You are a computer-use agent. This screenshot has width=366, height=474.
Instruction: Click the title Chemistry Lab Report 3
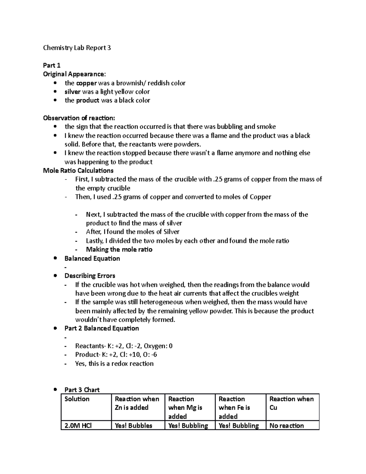(x=77, y=48)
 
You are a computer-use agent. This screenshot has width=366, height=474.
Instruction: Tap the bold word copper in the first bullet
(x=87, y=83)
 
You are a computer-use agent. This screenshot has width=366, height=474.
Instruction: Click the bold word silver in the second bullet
(x=73, y=92)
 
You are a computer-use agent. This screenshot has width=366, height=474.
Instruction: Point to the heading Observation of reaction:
(x=79, y=118)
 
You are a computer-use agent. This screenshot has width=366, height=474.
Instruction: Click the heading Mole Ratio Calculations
(x=78, y=170)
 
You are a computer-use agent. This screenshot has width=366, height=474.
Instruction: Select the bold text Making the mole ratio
(x=119, y=249)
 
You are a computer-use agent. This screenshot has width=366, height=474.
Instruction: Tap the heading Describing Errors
(x=90, y=276)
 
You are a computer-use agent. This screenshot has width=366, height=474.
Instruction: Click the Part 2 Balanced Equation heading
(x=102, y=328)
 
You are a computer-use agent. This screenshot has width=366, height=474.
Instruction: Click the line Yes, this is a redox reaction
(x=114, y=364)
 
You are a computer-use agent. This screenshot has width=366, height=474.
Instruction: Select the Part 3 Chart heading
(x=82, y=390)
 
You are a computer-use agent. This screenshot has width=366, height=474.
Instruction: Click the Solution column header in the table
(x=77, y=399)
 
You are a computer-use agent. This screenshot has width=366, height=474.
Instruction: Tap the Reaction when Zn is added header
(x=137, y=403)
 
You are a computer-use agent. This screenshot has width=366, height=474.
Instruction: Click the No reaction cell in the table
(x=287, y=425)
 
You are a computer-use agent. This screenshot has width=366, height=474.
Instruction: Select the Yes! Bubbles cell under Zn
(x=133, y=425)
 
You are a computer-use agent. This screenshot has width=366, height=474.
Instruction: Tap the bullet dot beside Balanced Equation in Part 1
(x=55, y=259)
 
